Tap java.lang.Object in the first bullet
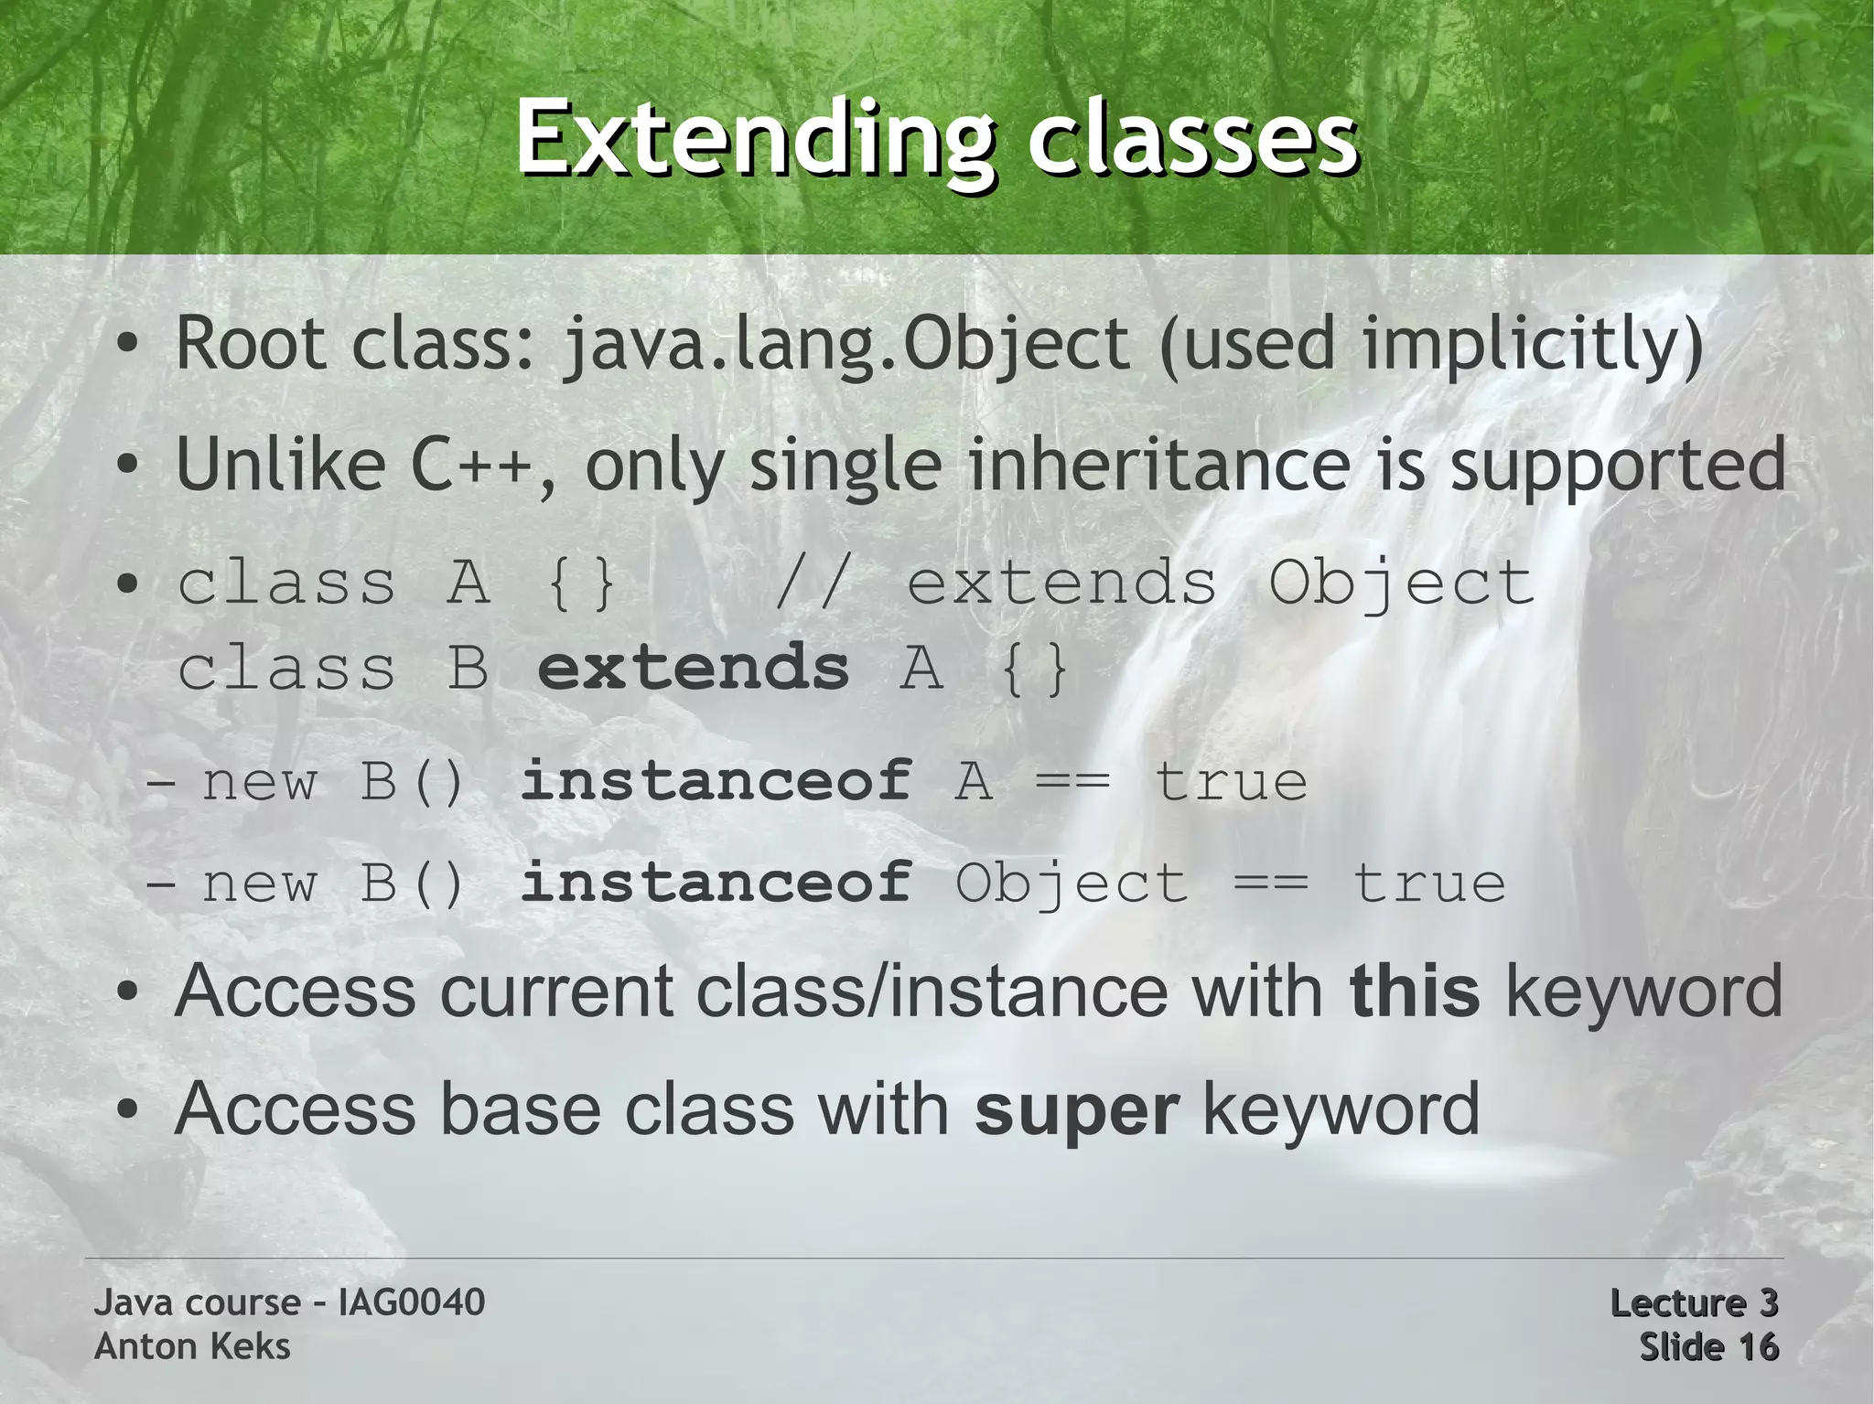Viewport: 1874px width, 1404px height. (x=846, y=345)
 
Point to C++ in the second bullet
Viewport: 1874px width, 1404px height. (x=472, y=464)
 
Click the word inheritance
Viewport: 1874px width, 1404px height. (x=1158, y=464)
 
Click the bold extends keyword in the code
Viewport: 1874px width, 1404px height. (x=694, y=668)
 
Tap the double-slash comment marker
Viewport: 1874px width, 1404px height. (x=809, y=583)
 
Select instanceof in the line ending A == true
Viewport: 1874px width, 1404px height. (x=716, y=782)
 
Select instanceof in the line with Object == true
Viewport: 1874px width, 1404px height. (x=716, y=884)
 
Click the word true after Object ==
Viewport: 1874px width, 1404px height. (x=1428, y=884)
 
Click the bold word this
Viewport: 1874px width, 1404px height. (x=1414, y=991)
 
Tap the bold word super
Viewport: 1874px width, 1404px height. (x=1076, y=1109)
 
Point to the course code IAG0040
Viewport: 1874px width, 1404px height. (x=411, y=1302)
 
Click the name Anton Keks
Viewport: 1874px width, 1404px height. (x=192, y=1346)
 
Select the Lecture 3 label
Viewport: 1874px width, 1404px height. (x=1693, y=1302)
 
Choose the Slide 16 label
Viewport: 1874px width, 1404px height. (x=1707, y=1346)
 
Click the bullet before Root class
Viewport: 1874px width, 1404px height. (x=128, y=345)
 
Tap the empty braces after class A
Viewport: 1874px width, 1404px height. (x=581, y=583)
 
